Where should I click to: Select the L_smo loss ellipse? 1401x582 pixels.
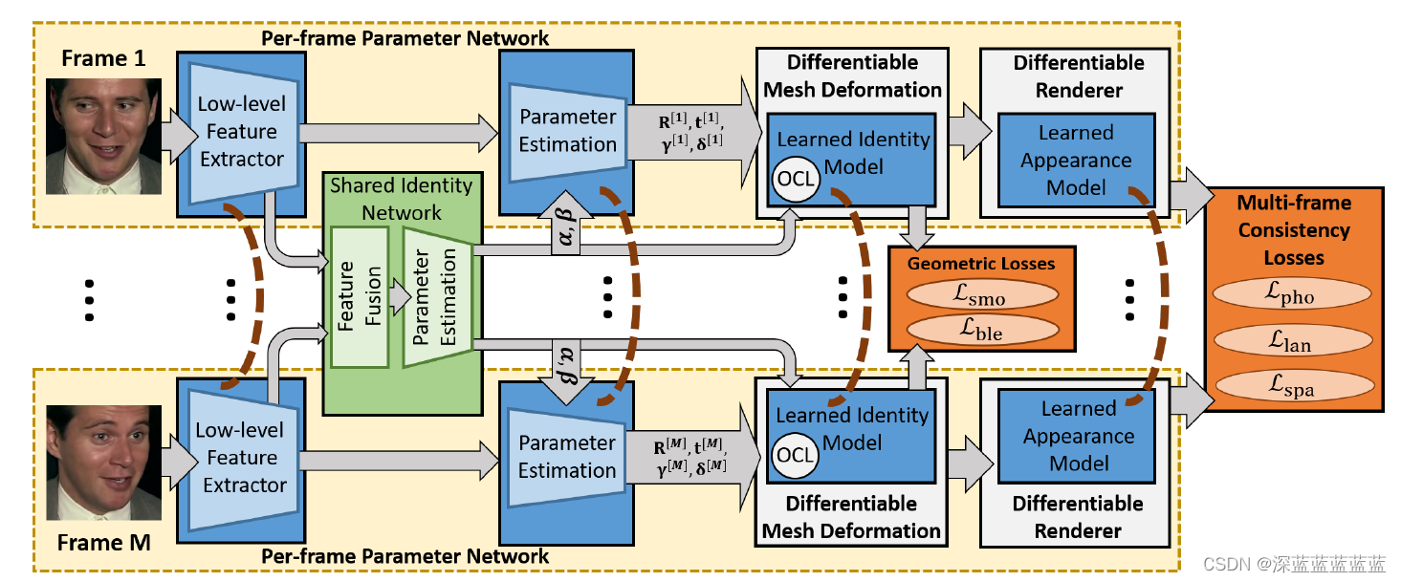coord(981,296)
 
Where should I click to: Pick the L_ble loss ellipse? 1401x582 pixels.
coord(981,330)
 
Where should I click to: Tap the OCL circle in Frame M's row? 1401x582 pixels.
coord(795,456)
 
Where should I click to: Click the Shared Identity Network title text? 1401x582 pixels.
coord(402,198)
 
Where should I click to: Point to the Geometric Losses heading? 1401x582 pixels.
coord(981,263)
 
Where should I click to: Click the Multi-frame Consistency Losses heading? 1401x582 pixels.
coord(1293,230)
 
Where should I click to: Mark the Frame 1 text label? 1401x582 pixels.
coord(103,58)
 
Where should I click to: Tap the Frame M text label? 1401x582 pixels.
coord(103,544)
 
